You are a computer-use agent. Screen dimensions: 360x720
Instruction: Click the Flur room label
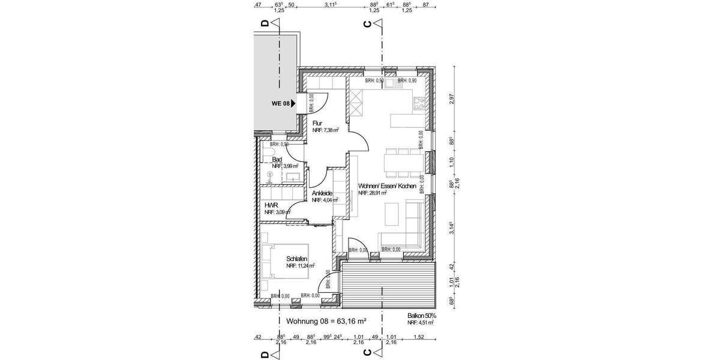[x=317, y=124]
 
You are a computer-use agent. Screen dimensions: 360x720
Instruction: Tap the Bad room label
[x=277, y=160]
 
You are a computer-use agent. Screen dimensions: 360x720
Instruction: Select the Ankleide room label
[x=322, y=193]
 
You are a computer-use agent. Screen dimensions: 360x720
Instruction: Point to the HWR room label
[x=271, y=205]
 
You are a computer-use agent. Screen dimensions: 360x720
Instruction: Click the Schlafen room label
[x=298, y=259]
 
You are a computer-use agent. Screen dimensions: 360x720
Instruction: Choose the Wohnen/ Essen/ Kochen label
[x=387, y=187]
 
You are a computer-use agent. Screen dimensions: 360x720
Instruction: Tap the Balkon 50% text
[x=421, y=315]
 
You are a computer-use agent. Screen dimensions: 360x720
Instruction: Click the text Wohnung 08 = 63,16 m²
[x=326, y=322]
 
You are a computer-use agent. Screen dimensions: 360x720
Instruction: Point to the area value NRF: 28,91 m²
[x=373, y=194]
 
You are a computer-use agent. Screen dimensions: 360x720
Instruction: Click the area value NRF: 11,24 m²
[x=301, y=265]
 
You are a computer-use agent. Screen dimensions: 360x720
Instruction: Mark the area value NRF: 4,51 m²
[x=420, y=323]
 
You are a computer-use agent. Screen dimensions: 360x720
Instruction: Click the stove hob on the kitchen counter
[x=418, y=104]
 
